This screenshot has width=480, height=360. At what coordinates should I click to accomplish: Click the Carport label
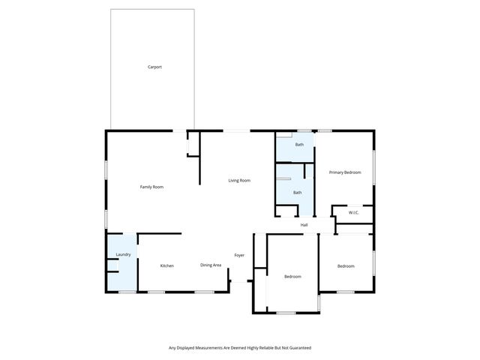154,67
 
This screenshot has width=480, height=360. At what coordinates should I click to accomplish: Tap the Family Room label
151,187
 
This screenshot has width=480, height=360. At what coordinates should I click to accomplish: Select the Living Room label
239,181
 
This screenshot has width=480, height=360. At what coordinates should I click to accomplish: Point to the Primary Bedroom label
345,173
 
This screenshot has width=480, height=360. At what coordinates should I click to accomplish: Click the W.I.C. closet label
353,213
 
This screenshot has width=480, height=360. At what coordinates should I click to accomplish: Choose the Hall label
304,225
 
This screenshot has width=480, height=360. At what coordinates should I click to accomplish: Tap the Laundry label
124,255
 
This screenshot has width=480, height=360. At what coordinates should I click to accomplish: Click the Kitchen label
167,265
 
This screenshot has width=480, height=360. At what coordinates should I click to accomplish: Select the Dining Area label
210,265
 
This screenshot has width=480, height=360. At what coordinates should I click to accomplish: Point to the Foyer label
239,255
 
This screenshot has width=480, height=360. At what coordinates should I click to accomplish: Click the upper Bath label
299,145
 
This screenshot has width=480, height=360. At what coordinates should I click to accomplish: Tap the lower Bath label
297,193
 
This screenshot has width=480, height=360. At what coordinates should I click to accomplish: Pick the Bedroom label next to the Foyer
292,277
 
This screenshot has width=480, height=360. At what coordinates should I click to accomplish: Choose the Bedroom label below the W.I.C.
345,266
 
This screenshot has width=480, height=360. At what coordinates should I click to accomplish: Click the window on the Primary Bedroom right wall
373,167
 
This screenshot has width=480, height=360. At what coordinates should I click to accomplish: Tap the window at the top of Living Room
236,131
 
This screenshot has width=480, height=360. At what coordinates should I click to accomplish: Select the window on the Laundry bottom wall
127,292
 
